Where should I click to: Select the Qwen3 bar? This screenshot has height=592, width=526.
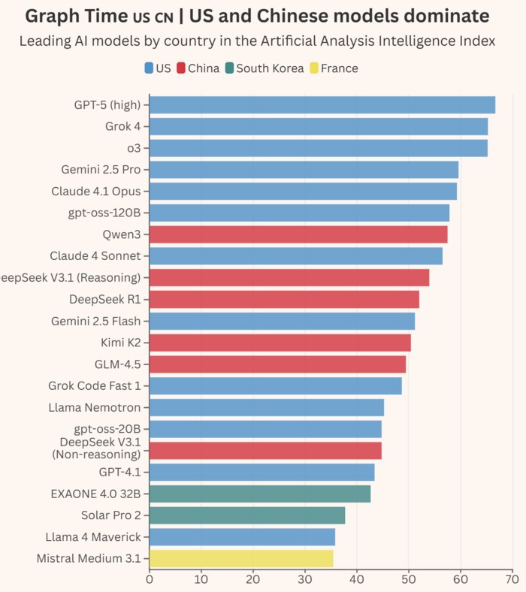298,234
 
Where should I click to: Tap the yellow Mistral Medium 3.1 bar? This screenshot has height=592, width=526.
241,558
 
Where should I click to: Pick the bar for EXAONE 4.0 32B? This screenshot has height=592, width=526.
260,494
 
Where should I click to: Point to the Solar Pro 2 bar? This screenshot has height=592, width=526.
247,515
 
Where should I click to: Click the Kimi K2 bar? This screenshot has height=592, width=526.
280,343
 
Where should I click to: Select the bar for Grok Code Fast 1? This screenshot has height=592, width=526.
276,386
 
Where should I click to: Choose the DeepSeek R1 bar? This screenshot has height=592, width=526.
284,300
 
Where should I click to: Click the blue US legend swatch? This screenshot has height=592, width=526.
149,68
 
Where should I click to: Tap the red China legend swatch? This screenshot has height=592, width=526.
180,68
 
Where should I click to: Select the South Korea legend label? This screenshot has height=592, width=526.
270,68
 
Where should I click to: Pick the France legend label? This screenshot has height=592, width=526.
339,68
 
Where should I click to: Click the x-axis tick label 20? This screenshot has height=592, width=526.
253,579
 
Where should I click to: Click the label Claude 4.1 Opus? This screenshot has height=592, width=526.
95,191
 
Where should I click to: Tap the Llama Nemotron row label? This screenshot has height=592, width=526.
99,407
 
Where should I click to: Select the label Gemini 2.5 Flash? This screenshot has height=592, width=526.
95,321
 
